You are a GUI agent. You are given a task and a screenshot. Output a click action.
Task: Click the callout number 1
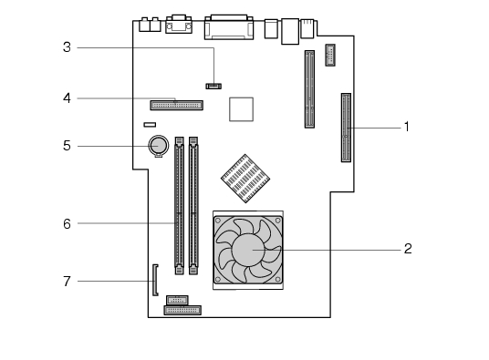pos(406,127)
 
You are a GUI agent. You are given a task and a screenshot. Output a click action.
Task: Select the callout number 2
pos(408,249)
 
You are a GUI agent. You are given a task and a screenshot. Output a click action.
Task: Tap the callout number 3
pos(67,47)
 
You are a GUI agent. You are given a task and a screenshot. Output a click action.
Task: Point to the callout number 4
pos(67,98)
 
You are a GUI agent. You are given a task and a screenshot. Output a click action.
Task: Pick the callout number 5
pos(67,146)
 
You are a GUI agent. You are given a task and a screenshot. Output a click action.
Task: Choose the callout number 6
pos(67,224)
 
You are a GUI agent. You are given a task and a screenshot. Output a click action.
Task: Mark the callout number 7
pos(67,282)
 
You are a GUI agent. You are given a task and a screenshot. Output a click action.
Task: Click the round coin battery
pos(159,146)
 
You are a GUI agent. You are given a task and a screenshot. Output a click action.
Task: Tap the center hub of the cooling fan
pos(248,250)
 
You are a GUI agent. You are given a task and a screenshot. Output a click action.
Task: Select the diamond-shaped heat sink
pos(245,179)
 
